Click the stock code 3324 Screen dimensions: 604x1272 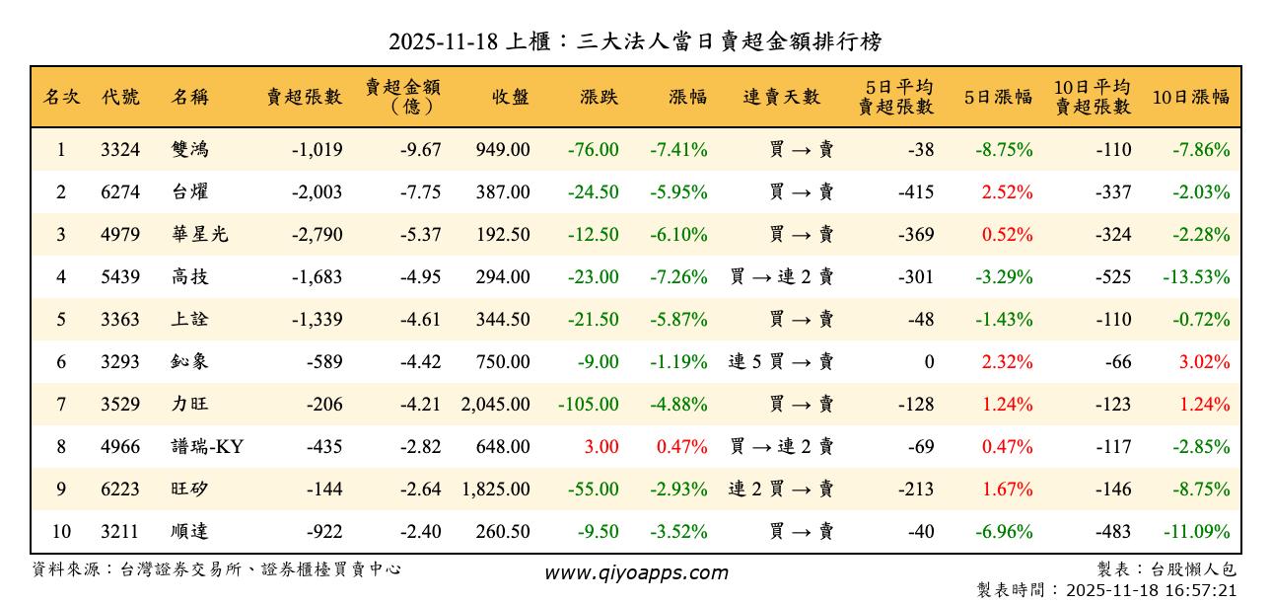tap(120, 150)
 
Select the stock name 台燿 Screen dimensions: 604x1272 tap(189, 192)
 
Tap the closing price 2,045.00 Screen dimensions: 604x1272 tap(495, 405)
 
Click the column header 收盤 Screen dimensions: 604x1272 tap(510, 97)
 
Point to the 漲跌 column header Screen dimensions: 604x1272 tap(600, 97)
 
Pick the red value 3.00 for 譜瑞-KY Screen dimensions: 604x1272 tap(601, 447)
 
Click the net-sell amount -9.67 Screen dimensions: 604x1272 tap(420, 150)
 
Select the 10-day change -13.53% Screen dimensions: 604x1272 tap(1196, 277)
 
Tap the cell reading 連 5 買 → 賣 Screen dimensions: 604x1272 tap(781, 362)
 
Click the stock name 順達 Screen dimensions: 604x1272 tap(189, 532)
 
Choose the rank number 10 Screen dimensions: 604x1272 tap(61, 532)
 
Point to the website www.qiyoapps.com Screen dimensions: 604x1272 tap(636, 572)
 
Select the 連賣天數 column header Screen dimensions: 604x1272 tap(781, 97)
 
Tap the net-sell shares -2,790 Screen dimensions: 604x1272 tap(317, 235)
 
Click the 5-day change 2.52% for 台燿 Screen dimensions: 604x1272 tap(1006, 192)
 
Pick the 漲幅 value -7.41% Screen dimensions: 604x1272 tap(678, 150)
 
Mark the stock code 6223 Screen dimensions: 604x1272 tap(120, 490)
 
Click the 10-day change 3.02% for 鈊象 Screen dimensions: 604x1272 tap(1204, 362)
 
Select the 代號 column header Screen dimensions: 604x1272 tap(120, 97)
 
